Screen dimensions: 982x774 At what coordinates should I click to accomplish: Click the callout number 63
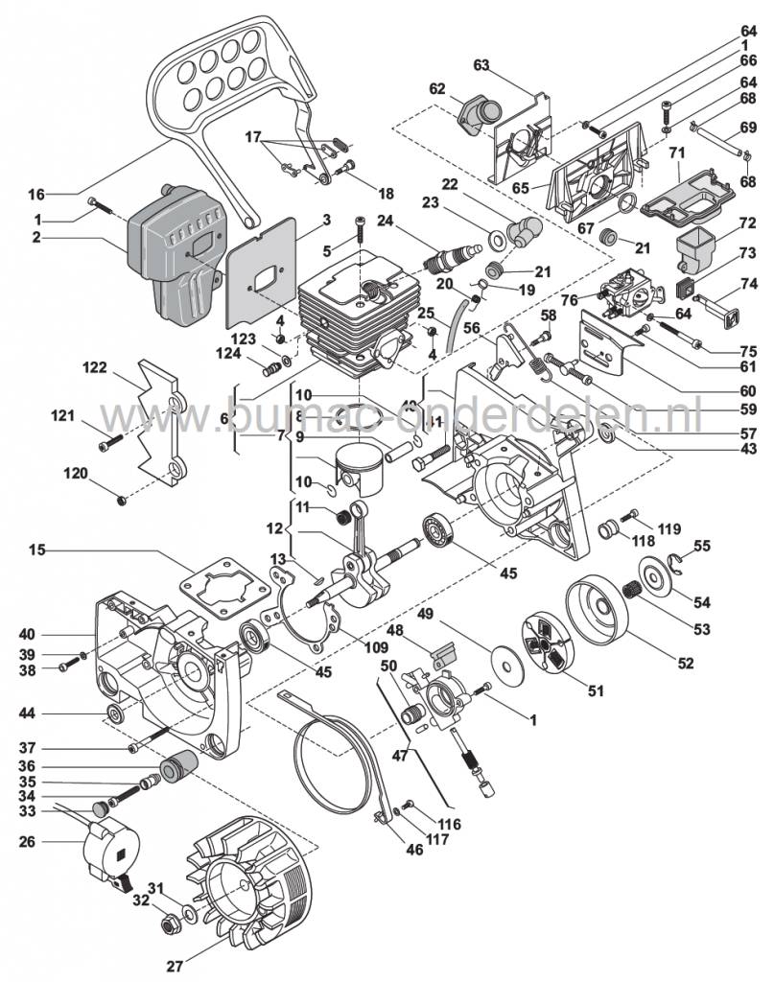pos(481,65)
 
